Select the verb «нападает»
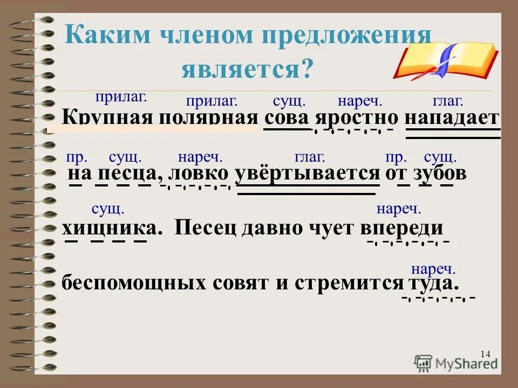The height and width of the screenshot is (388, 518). coord(452,118)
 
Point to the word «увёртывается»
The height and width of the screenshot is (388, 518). coord(308,174)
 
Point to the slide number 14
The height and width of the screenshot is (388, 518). coord(484,354)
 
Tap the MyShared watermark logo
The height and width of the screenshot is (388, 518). coord(456,362)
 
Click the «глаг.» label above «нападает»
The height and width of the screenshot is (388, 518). coord(448,101)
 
